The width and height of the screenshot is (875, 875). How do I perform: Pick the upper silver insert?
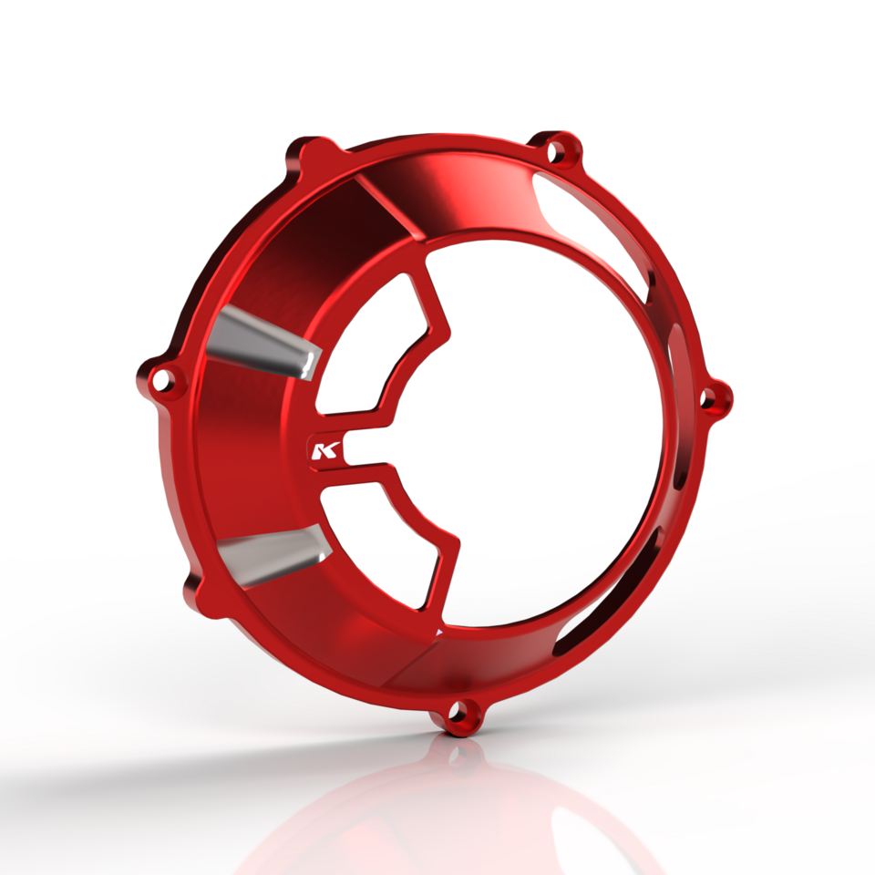tap(264, 345)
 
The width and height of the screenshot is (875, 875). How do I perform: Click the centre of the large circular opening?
tap(538, 428)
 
